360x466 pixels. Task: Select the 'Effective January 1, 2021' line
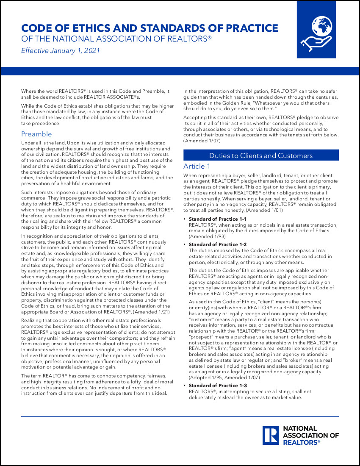pyautogui.click(x=60, y=51)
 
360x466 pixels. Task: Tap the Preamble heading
pyautogui.click(x=36, y=134)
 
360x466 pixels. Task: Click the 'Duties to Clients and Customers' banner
pyautogui.click(x=261, y=155)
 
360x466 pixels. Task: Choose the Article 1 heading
pyautogui.click(x=197, y=166)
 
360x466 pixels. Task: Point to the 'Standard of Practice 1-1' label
pyautogui.click(x=217, y=219)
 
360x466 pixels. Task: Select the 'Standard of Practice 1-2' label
pyautogui.click(x=217, y=244)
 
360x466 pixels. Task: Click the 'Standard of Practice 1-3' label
pyautogui.click(x=217, y=386)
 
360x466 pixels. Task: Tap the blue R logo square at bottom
pyautogui.click(x=270, y=435)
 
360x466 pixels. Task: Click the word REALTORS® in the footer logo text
pyautogui.click(x=301, y=442)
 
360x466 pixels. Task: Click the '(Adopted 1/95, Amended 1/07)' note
pyautogui.click(x=224, y=377)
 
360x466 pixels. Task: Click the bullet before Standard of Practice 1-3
pyautogui.click(x=185, y=386)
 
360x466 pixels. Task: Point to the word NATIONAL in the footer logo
pyautogui.click(x=300, y=429)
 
